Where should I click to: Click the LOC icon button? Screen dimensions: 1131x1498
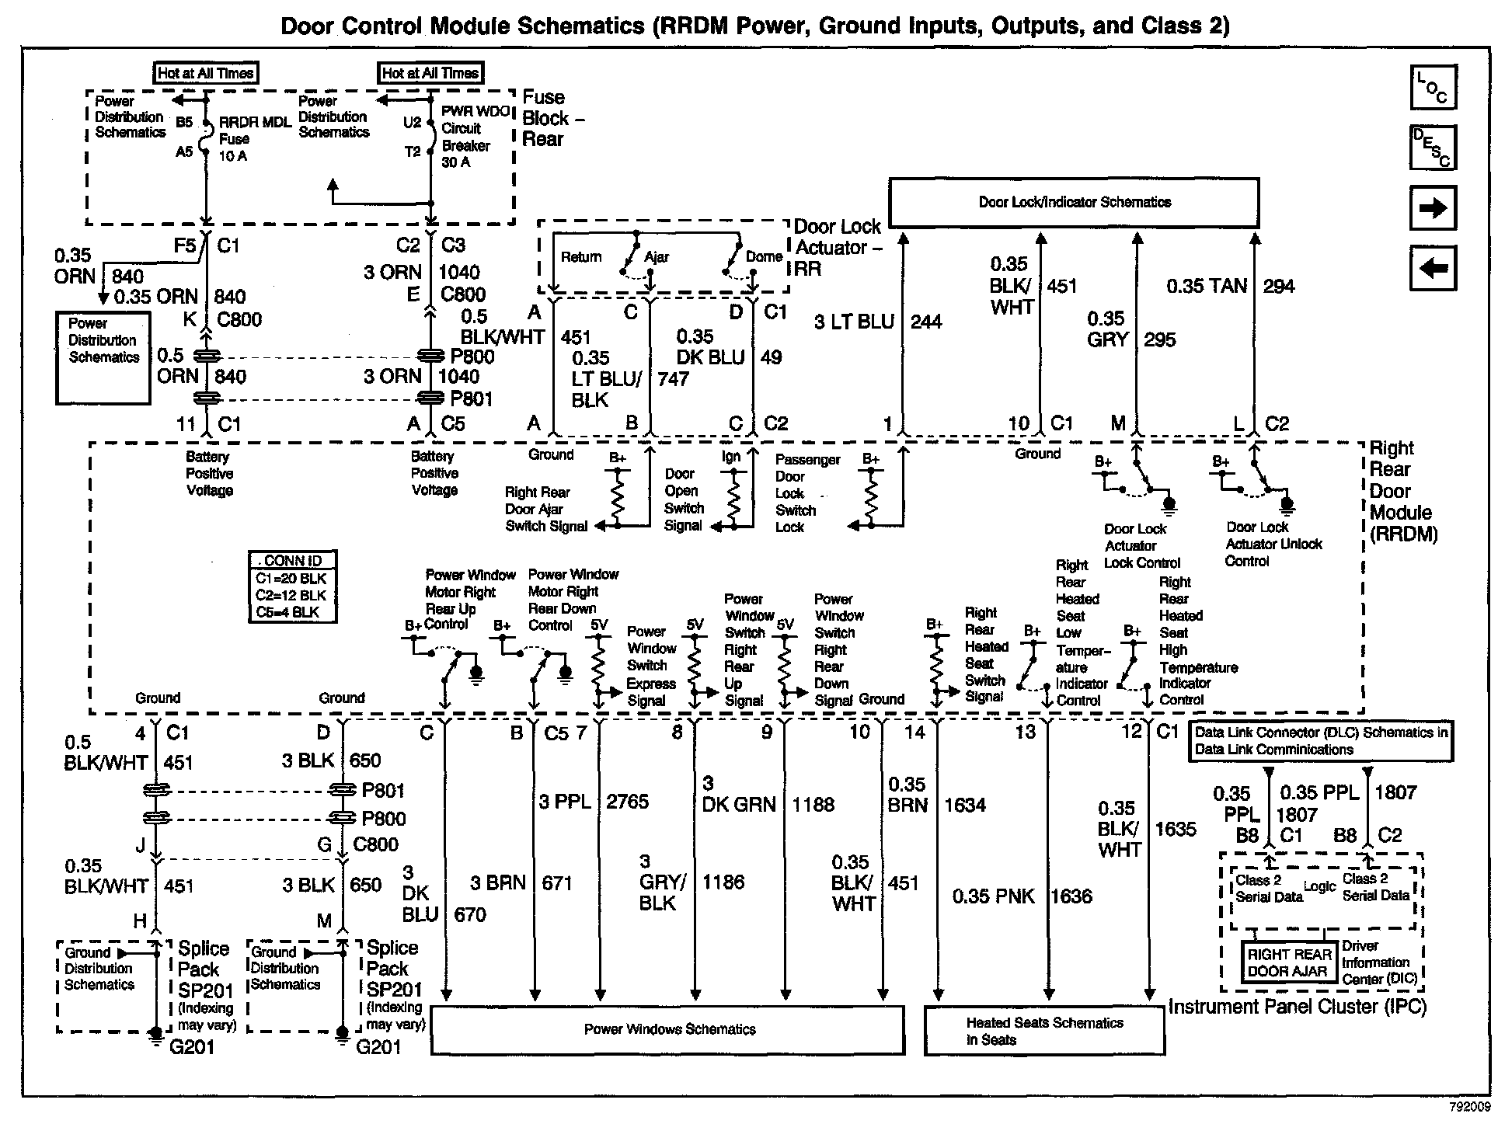[x=1433, y=87]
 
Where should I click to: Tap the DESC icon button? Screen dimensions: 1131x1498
[x=1433, y=148]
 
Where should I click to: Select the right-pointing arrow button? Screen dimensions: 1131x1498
[x=1433, y=208]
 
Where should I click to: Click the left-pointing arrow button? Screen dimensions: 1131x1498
[x=1433, y=269]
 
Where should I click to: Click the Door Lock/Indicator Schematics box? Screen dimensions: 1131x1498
[x=1074, y=202]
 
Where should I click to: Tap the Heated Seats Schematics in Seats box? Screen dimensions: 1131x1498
[x=1044, y=1031]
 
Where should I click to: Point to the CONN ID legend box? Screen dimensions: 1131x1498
[x=293, y=586]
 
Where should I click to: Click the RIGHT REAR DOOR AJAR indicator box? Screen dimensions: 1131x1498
[x=1289, y=962]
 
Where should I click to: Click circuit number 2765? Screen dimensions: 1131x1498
[x=627, y=802]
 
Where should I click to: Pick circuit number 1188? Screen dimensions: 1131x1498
[x=813, y=805]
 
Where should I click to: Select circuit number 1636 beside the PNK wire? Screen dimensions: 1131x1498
[x=1071, y=896]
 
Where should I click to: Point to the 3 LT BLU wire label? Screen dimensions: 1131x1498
[x=854, y=322]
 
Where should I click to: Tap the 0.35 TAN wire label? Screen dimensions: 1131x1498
[x=1206, y=287]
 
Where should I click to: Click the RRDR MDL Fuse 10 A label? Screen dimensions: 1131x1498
[x=244, y=139]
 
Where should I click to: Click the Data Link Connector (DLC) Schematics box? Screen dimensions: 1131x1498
[x=1321, y=742]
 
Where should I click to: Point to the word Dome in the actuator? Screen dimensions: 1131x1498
[x=764, y=257]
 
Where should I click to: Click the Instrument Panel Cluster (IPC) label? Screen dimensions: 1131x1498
[x=1298, y=1007]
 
